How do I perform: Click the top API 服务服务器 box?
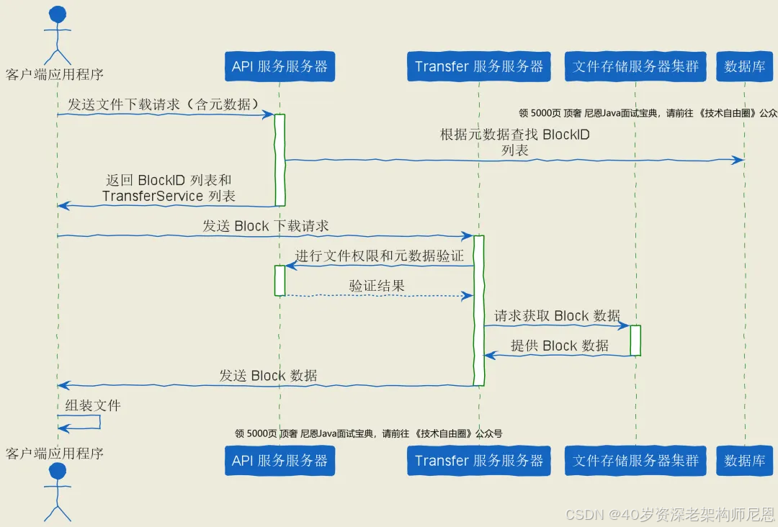pos(280,67)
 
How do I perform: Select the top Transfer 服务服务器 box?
pos(479,67)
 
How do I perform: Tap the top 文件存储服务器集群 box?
pos(636,67)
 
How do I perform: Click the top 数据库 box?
pos(745,67)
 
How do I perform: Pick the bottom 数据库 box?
pos(745,461)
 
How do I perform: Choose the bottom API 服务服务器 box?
pos(280,461)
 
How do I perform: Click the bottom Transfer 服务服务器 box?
pos(479,461)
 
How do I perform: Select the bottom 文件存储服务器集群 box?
pos(636,461)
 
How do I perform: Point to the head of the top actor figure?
pos(57,15)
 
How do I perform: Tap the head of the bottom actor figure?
pos(57,472)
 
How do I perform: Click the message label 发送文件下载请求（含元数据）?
pos(164,104)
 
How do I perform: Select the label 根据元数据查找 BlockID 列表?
pos(515,142)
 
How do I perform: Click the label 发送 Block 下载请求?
pos(265,225)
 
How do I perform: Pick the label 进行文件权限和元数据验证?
pos(379,256)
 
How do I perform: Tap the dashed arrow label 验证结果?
pos(377,285)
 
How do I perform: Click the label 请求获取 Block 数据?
pos(557,315)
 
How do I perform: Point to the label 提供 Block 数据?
pos(560,346)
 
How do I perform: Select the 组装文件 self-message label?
pos(93,405)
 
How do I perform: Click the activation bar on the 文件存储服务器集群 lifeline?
pos(635,340)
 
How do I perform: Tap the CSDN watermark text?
pos(670,514)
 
